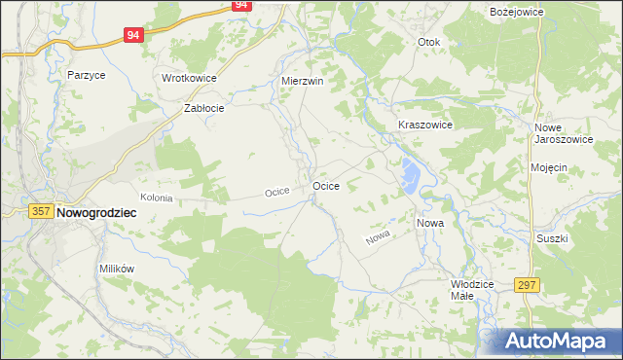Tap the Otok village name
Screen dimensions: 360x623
point(429,43)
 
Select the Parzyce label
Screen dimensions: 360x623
point(86,74)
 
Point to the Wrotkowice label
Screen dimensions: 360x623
point(189,78)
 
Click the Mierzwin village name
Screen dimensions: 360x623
point(301,81)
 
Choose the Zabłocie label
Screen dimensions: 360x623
point(204,109)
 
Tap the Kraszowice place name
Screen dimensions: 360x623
point(425,126)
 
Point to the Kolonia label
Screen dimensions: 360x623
point(156,198)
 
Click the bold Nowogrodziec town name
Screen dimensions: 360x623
point(96,211)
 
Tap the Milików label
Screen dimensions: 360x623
point(116,268)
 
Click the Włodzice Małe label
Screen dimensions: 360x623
point(474,289)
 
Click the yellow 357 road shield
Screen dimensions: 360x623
point(40,211)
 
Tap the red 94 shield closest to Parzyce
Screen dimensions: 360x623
point(134,35)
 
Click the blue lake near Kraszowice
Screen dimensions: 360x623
point(409,176)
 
